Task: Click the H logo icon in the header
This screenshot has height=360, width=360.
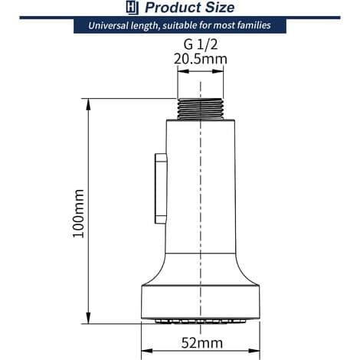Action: pos(133,8)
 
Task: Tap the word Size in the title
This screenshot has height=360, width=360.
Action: pos(220,8)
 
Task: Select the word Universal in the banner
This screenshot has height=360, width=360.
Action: pos(108,25)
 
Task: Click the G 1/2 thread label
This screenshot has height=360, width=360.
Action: pos(201,44)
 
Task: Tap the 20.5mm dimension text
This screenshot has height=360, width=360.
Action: pos(201,59)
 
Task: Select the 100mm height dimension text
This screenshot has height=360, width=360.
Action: pos(78,214)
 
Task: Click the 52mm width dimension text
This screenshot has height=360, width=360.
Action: pos(201,342)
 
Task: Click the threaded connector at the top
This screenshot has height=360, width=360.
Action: pos(201,109)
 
